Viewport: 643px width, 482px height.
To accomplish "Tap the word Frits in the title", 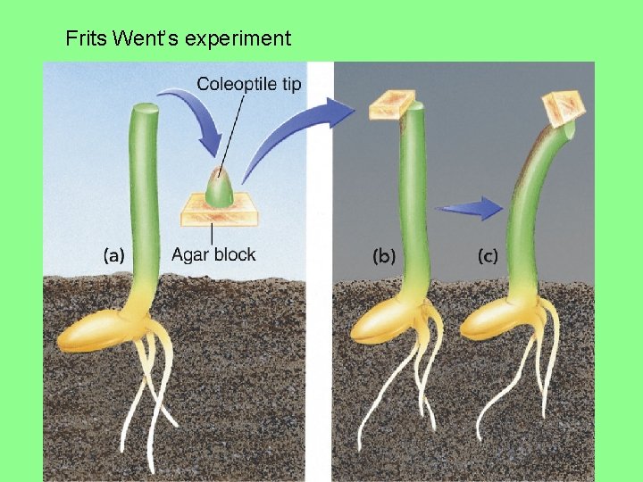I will pyautogui.click(x=88, y=38).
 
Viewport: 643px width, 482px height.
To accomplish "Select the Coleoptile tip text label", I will pyautogui.click(x=249, y=85).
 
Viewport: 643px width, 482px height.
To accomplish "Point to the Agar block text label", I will pyautogui.click(x=213, y=254).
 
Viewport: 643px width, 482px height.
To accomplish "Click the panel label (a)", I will pyautogui.click(x=114, y=255).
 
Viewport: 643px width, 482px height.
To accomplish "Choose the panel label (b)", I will pyautogui.click(x=384, y=256).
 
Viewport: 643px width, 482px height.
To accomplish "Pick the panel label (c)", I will pyautogui.click(x=489, y=256).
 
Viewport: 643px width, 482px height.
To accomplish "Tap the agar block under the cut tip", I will pyautogui.click(x=218, y=212).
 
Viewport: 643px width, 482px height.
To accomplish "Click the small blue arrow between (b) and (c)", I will pyautogui.click(x=470, y=209).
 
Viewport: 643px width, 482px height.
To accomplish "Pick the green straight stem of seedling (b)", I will pyautogui.click(x=412, y=205).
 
